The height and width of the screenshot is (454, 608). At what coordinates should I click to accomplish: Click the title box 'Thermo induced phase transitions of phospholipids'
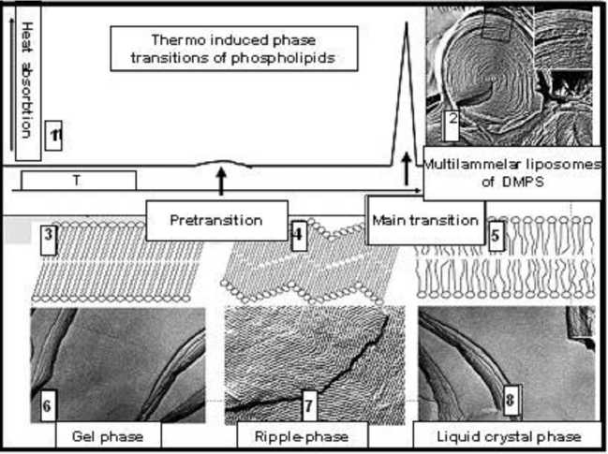tap(234, 49)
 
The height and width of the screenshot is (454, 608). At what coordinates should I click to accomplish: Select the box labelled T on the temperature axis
tap(77, 180)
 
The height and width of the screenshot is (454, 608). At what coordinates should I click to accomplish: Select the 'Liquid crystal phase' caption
tap(509, 437)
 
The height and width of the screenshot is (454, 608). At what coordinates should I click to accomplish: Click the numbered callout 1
tap(55, 136)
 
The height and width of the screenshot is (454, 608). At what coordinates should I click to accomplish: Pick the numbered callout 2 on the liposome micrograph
tap(452, 120)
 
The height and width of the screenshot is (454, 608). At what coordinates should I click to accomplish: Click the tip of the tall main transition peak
tap(406, 22)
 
